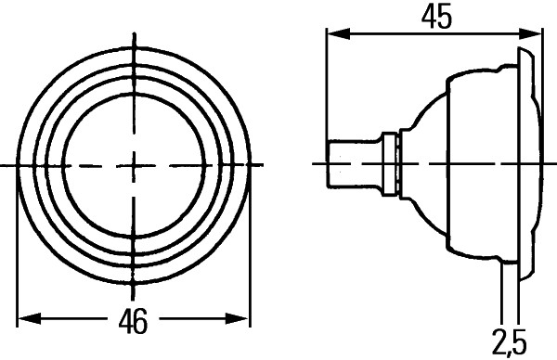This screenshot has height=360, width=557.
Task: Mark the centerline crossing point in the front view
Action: pos(135,165)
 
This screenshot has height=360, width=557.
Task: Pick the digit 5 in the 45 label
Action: pos(443,19)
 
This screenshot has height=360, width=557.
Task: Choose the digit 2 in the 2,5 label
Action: pos(499,343)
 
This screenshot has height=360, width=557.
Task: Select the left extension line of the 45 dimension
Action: pos(326,93)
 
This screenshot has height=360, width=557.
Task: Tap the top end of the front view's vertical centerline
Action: pos(135,26)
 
